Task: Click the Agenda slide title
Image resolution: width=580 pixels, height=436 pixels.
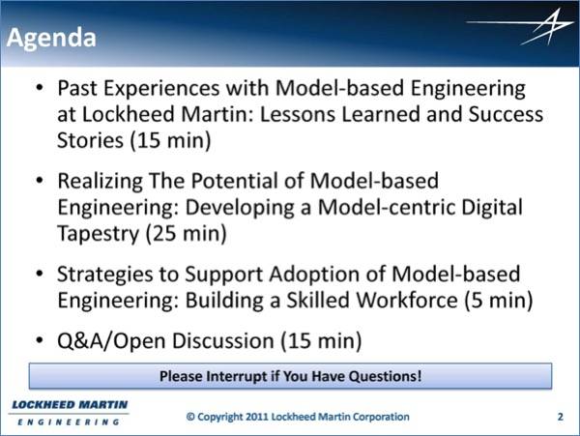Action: click(51, 39)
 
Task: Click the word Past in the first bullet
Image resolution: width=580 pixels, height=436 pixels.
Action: click(77, 88)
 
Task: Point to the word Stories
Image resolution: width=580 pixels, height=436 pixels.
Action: click(90, 140)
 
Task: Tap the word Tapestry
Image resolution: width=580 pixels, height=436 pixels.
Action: click(98, 235)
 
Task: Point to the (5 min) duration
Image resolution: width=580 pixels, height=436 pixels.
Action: click(499, 301)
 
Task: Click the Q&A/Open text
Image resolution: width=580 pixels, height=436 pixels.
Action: click(111, 340)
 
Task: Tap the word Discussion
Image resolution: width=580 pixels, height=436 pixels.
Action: click(223, 340)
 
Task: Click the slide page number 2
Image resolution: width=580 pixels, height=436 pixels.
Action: click(561, 417)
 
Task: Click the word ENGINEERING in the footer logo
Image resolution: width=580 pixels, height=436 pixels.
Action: click(69, 421)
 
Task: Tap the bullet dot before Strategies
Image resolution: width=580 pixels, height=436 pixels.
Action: click(40, 274)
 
